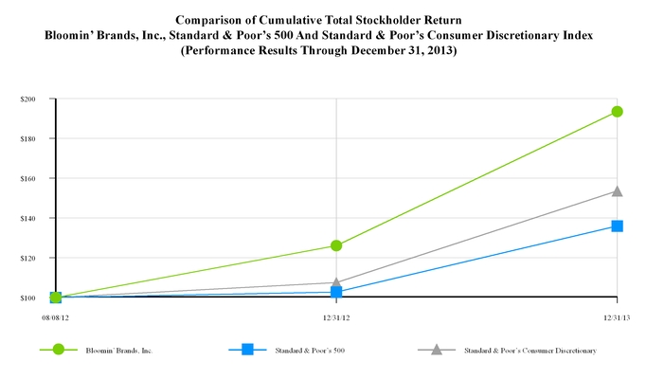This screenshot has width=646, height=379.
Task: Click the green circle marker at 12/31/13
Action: pyautogui.click(x=617, y=111)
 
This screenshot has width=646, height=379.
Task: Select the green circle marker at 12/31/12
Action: pyautogui.click(x=336, y=245)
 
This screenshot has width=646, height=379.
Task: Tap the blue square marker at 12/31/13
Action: pyautogui.click(x=617, y=226)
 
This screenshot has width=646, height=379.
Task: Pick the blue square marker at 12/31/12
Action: pyautogui.click(x=336, y=291)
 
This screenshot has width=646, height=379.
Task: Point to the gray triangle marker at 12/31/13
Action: pyautogui.click(x=617, y=190)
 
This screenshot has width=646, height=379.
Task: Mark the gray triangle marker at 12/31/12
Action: pyautogui.click(x=336, y=281)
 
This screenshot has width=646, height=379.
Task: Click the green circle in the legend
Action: pyautogui.click(x=59, y=350)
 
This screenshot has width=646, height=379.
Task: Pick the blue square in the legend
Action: pyautogui.click(x=247, y=350)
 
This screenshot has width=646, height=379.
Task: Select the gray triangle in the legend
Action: pyautogui.click(x=436, y=350)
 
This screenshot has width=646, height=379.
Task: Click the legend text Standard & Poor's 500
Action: pyautogui.click(x=302, y=351)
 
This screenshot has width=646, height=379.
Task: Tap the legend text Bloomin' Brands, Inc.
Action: pyautogui.click(x=118, y=351)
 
